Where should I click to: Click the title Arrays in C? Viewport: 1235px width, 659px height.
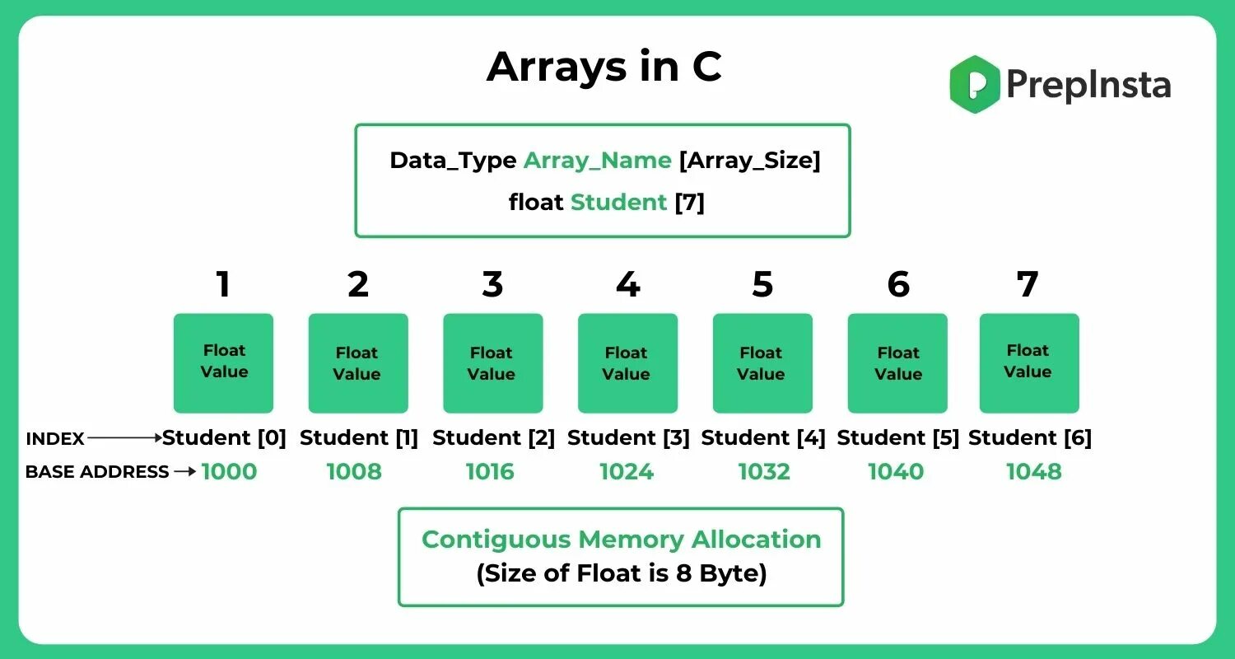[604, 68]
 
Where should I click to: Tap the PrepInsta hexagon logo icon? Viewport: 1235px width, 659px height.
[975, 84]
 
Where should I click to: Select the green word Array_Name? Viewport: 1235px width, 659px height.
[597, 161]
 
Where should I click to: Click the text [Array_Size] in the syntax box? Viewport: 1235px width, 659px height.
[749, 161]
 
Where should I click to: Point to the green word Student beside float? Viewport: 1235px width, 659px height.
[618, 202]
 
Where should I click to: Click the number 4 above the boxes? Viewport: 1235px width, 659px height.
[627, 285]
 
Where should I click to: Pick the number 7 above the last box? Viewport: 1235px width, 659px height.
[1028, 285]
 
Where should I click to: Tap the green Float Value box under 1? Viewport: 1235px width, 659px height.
[223, 362]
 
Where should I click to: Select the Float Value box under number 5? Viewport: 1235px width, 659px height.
[762, 362]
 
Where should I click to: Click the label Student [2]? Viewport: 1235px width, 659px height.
[493, 438]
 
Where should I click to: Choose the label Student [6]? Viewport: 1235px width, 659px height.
[1029, 438]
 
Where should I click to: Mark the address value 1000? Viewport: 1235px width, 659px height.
[229, 472]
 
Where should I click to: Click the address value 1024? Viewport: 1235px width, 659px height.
[627, 472]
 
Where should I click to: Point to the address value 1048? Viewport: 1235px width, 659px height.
[1033, 472]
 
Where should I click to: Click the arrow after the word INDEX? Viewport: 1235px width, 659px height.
[124, 439]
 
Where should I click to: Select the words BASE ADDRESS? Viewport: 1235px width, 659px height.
[97, 472]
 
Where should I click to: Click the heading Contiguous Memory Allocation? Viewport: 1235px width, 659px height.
[621, 540]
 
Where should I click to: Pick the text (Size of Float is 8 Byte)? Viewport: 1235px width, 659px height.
[621, 573]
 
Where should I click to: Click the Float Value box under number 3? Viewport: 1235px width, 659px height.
[492, 362]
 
